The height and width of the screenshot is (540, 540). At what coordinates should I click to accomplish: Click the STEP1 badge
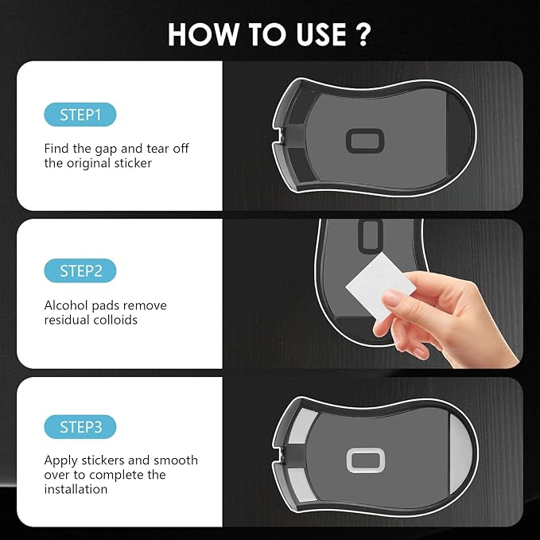[x=80, y=115]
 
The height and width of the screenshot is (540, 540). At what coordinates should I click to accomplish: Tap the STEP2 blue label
[x=80, y=271]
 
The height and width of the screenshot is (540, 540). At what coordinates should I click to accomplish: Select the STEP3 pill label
[x=80, y=427]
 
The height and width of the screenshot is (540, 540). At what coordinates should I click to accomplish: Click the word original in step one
[x=90, y=164]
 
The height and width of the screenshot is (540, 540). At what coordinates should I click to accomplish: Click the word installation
[x=76, y=489]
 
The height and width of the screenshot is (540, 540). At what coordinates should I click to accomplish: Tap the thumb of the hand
[x=395, y=296]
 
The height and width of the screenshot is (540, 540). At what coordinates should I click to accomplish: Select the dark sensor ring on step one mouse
[x=367, y=142]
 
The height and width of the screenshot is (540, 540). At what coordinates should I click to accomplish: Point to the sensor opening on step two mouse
[x=371, y=233]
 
